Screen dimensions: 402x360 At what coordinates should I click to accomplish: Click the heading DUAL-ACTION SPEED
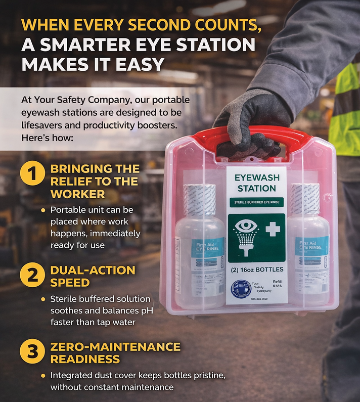tap(93, 276)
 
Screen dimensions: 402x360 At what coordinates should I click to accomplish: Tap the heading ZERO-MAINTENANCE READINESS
tap(115, 353)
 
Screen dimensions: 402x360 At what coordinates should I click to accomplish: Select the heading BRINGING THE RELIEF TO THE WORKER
tap(95, 181)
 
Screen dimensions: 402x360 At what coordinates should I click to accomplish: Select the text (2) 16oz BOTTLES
tap(257, 269)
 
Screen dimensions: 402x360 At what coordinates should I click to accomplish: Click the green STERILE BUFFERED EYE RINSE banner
tap(256, 203)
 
